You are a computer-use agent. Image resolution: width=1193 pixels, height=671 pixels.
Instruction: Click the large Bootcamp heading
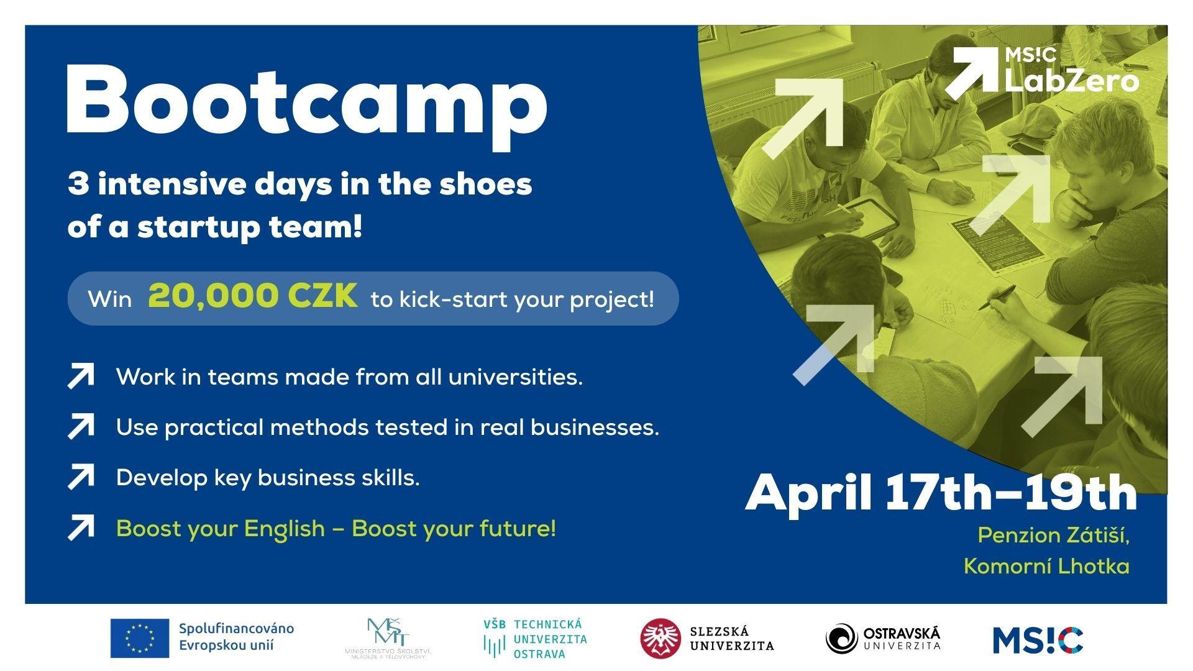click(307, 104)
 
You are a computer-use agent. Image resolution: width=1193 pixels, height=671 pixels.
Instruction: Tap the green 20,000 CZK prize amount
click(253, 296)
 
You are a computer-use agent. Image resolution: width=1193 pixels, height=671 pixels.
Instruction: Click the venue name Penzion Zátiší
click(1054, 535)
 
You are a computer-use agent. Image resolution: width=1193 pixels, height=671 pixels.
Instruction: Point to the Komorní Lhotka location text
click(1047, 566)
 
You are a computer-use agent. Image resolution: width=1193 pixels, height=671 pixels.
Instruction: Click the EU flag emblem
click(140, 638)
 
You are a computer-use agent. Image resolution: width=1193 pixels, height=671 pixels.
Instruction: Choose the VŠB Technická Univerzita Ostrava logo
click(535, 639)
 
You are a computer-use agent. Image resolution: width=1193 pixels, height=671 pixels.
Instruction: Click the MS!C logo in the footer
click(1038, 640)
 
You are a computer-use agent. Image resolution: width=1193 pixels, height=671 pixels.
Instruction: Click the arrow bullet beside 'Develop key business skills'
click(81, 477)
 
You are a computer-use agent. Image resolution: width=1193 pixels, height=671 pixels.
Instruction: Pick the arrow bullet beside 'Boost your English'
click(81, 528)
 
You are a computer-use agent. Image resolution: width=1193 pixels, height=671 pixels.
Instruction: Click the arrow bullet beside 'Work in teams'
click(81, 377)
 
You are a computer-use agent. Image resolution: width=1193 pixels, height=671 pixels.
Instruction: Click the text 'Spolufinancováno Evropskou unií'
click(237, 637)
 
